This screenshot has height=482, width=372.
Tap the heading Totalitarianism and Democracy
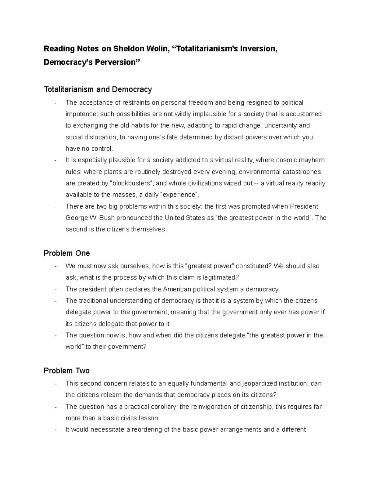click(98, 90)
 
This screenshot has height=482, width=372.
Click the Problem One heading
click(67, 253)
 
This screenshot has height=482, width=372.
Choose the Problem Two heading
click(67, 371)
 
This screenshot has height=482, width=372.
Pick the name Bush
click(107, 218)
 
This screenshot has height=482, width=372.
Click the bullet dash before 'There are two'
click(55, 207)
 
